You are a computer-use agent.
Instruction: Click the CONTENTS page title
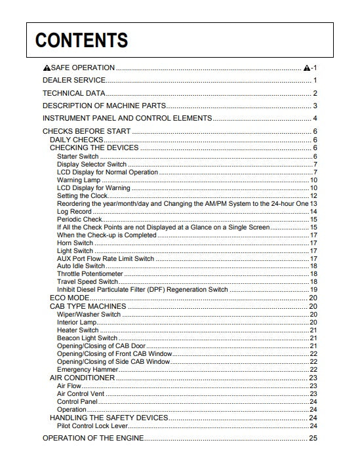point(81,41)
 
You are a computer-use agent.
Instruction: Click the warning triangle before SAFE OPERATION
point(47,68)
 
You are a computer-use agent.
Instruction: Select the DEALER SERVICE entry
point(73,80)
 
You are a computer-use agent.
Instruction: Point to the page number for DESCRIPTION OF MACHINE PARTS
point(315,106)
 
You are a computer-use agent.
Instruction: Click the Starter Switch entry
point(78,156)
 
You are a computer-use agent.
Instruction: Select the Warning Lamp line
point(79,180)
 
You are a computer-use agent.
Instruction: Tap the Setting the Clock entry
point(82,195)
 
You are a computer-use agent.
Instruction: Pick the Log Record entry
point(73,211)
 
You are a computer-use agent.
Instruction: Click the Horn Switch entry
point(75,243)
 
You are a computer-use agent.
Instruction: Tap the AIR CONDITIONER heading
point(82,378)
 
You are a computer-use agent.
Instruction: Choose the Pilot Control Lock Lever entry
point(91,425)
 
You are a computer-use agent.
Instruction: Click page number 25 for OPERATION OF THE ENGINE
point(313,438)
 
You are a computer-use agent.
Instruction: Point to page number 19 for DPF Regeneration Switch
point(313,290)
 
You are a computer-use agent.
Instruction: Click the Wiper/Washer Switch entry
point(89,314)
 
